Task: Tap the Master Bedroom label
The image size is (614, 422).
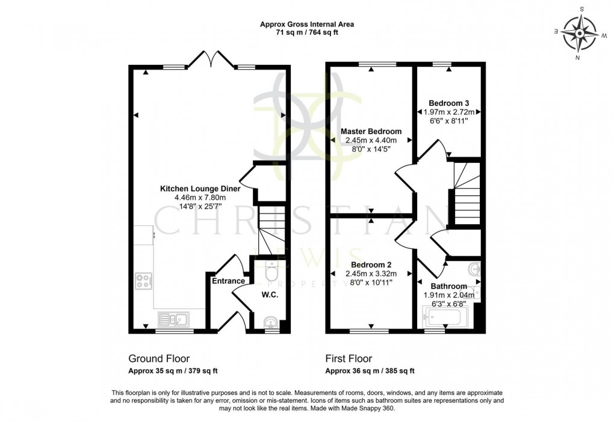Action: [x=371, y=131]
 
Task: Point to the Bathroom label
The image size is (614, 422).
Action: [x=448, y=286]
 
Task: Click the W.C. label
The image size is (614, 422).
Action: [x=268, y=295]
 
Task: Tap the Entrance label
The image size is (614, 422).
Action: [x=228, y=281]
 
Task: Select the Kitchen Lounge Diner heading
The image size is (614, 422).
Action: [x=200, y=188]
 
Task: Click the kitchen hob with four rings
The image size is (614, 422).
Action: [x=144, y=281]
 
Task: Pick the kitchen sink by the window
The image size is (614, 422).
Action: [x=173, y=318]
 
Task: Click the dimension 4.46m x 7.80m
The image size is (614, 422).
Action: [x=200, y=197]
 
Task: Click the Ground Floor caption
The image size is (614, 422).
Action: [x=159, y=359]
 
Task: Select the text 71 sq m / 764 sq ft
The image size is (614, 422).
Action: [x=307, y=33]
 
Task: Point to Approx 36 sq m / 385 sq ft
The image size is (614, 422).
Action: [x=370, y=371]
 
